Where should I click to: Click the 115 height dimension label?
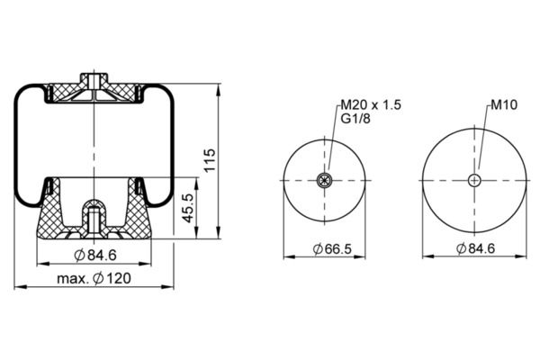click(210, 160)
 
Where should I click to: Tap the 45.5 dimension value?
click(188, 208)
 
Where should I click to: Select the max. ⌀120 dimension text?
click(94, 278)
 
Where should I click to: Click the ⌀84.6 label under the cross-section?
click(95, 256)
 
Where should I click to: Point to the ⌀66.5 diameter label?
click(332, 248)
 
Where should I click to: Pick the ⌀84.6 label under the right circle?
click(475, 248)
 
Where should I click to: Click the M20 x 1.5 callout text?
click(371, 104)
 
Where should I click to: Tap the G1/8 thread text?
click(355, 119)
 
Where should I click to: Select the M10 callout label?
click(504, 104)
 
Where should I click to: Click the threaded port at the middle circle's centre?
click(324, 180)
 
